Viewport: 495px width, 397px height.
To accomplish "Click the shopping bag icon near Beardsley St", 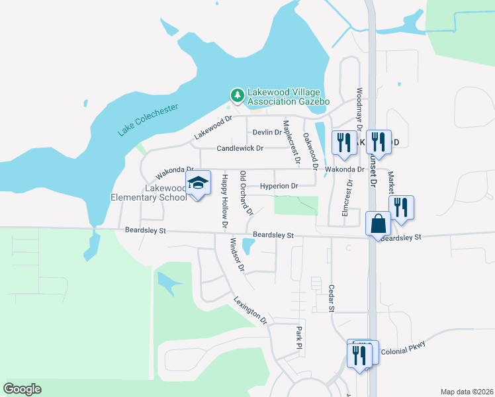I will [x=377, y=224].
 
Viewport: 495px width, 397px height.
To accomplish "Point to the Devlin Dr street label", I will [x=267, y=132].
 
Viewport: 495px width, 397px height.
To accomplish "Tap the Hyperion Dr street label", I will [x=279, y=186].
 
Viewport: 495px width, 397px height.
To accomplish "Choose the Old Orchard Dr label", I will [x=246, y=193].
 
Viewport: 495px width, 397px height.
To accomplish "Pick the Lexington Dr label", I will [x=250, y=310].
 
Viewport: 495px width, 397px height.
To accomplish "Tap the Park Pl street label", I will [x=299, y=338].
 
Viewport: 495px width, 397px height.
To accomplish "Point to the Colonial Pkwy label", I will [x=402, y=349].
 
